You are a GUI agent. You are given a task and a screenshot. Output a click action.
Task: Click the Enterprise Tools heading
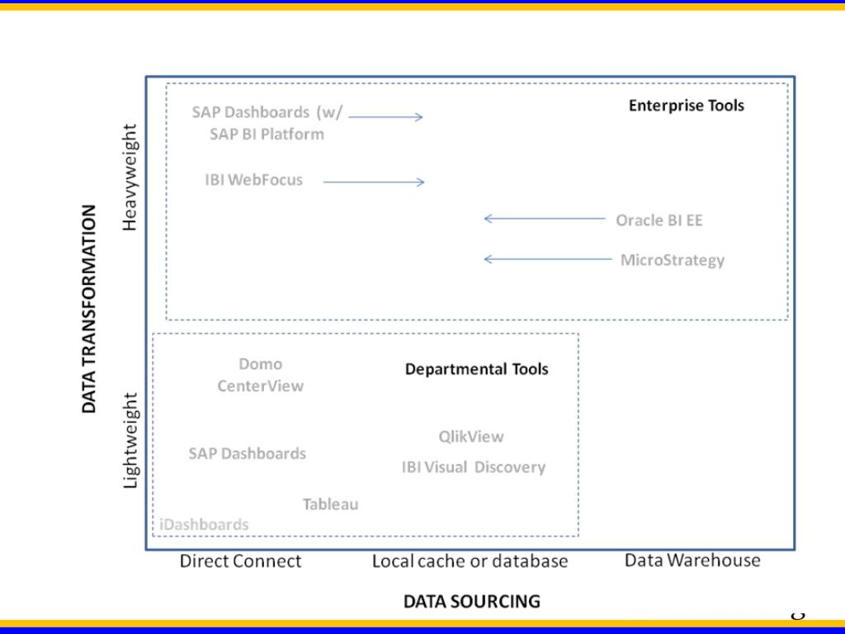686,106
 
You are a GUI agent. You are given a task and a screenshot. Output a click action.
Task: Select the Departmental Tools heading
476,369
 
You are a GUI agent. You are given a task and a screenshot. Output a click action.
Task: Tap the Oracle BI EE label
659,220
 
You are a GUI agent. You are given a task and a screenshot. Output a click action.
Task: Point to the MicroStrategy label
672,260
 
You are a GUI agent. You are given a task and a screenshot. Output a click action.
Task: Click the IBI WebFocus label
253,179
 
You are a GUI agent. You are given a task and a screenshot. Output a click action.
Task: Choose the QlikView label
470,437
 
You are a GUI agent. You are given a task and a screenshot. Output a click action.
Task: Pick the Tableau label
330,504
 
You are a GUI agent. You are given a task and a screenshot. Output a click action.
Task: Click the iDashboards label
204,524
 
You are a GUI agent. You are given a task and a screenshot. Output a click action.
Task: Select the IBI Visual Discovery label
473,467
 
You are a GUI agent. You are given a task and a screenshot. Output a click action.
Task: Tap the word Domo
260,364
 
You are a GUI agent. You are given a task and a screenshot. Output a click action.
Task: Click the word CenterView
260,386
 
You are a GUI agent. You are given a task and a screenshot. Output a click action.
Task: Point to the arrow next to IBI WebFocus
373,182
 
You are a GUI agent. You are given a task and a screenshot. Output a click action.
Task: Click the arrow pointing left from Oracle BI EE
544,219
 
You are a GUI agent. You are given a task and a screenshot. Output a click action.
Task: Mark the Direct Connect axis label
240,561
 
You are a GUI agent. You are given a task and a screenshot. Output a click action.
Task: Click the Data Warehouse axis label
692,561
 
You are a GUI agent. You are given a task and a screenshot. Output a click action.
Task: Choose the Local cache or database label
470,561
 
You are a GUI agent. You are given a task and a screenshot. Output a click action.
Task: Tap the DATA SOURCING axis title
471,601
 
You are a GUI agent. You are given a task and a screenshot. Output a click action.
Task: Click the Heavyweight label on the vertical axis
131,177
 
